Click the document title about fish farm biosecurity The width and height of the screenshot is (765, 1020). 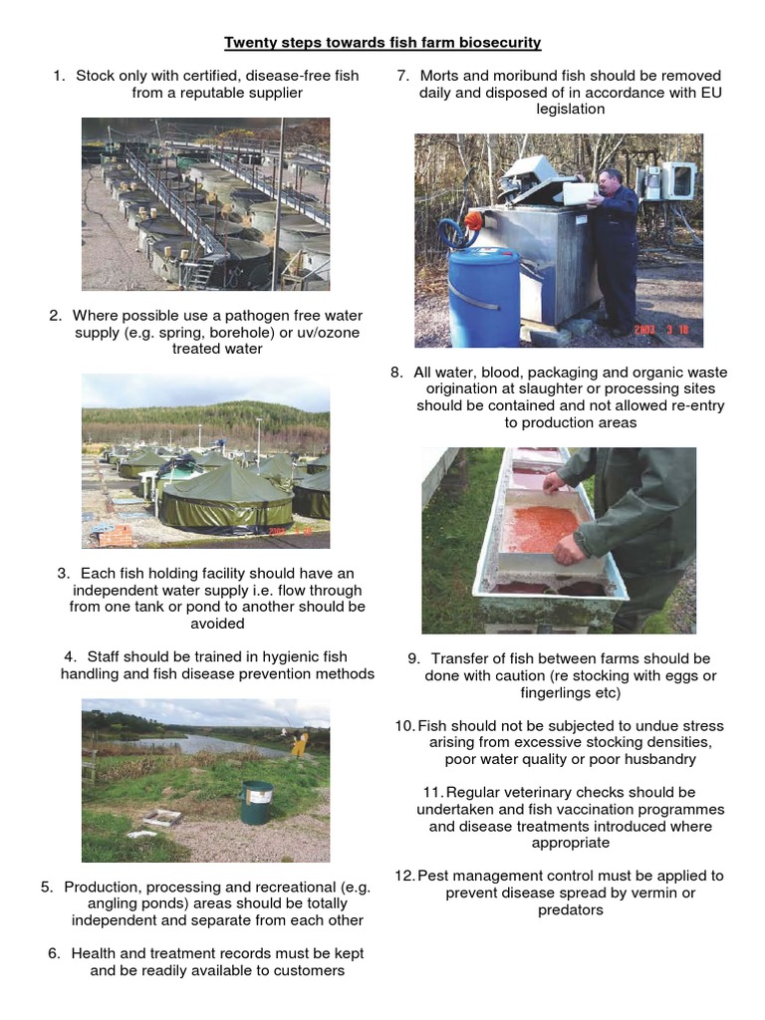[x=382, y=42]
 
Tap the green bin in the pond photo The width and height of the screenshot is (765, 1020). [x=256, y=801]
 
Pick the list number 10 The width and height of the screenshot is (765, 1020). [x=404, y=726]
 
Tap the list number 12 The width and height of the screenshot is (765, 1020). [x=404, y=876]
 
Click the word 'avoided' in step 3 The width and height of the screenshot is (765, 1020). [x=217, y=624]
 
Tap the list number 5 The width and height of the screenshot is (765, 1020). [x=46, y=887]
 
